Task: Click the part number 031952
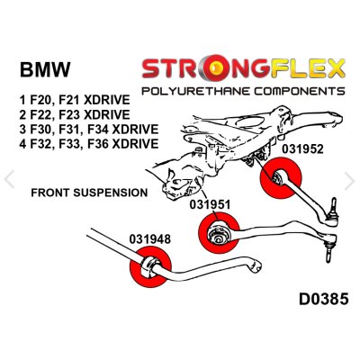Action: (x=302, y=149)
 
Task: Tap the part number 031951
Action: (x=210, y=204)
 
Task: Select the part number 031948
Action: (x=150, y=239)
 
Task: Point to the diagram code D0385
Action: (x=324, y=299)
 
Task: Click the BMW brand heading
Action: (x=45, y=69)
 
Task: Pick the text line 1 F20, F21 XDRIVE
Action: (x=75, y=100)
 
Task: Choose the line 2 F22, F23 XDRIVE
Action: (x=75, y=114)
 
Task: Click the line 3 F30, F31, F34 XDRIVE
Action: (x=89, y=130)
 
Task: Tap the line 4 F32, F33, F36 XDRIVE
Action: (x=89, y=144)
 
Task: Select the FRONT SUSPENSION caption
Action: (x=89, y=193)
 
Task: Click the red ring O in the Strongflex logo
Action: (x=219, y=69)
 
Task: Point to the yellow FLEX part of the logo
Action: (x=307, y=68)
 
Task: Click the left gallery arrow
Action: (x=9, y=179)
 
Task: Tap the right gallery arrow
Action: (x=349, y=181)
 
